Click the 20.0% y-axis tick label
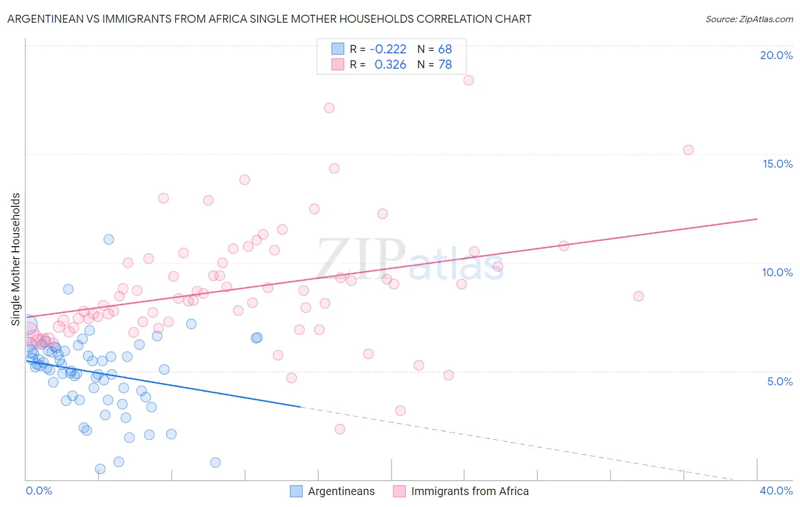[776, 55]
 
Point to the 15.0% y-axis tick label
[777, 164]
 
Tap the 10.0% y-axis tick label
[777, 272]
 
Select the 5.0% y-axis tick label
[780, 381]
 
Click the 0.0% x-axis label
[39, 491]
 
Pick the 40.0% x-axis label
[776, 491]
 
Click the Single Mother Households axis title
[16, 259]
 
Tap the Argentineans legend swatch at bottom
[296, 491]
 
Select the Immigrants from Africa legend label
[470, 491]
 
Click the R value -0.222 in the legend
[388, 49]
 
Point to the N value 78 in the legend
[445, 65]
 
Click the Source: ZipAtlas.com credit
[749, 19]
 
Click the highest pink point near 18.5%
[468, 80]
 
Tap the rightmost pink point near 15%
[688, 150]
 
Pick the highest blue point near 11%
[109, 239]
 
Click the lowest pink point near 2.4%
[340, 429]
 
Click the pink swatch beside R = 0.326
[338, 65]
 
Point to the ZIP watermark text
[361, 259]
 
